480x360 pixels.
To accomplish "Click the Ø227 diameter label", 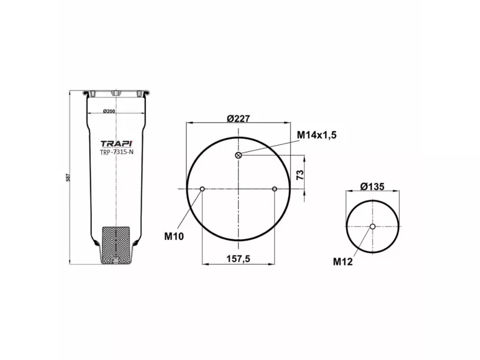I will tap(238, 118).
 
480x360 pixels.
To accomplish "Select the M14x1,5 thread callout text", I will tap(317, 135).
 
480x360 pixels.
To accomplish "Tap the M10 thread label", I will tap(174, 236).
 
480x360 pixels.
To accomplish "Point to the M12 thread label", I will tap(343, 261).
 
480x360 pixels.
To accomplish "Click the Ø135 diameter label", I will tap(372, 187).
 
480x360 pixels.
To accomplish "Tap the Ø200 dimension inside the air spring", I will tap(109, 112).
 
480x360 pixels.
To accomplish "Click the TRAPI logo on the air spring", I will tap(116, 143).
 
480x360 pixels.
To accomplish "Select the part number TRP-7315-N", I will tap(116, 152).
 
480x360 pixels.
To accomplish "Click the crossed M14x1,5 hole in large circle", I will tap(239, 156).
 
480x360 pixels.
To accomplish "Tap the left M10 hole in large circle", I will tap(203, 190).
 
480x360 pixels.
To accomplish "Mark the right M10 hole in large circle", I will tap(274, 190).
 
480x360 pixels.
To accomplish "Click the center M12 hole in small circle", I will tap(373, 226).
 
